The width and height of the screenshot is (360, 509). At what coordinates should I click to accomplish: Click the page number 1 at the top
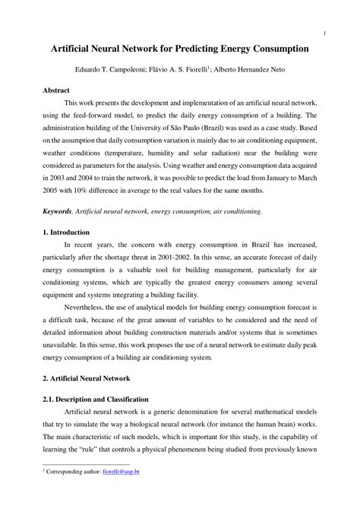point(325,33)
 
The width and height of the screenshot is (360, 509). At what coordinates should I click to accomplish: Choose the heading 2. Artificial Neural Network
point(86,378)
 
